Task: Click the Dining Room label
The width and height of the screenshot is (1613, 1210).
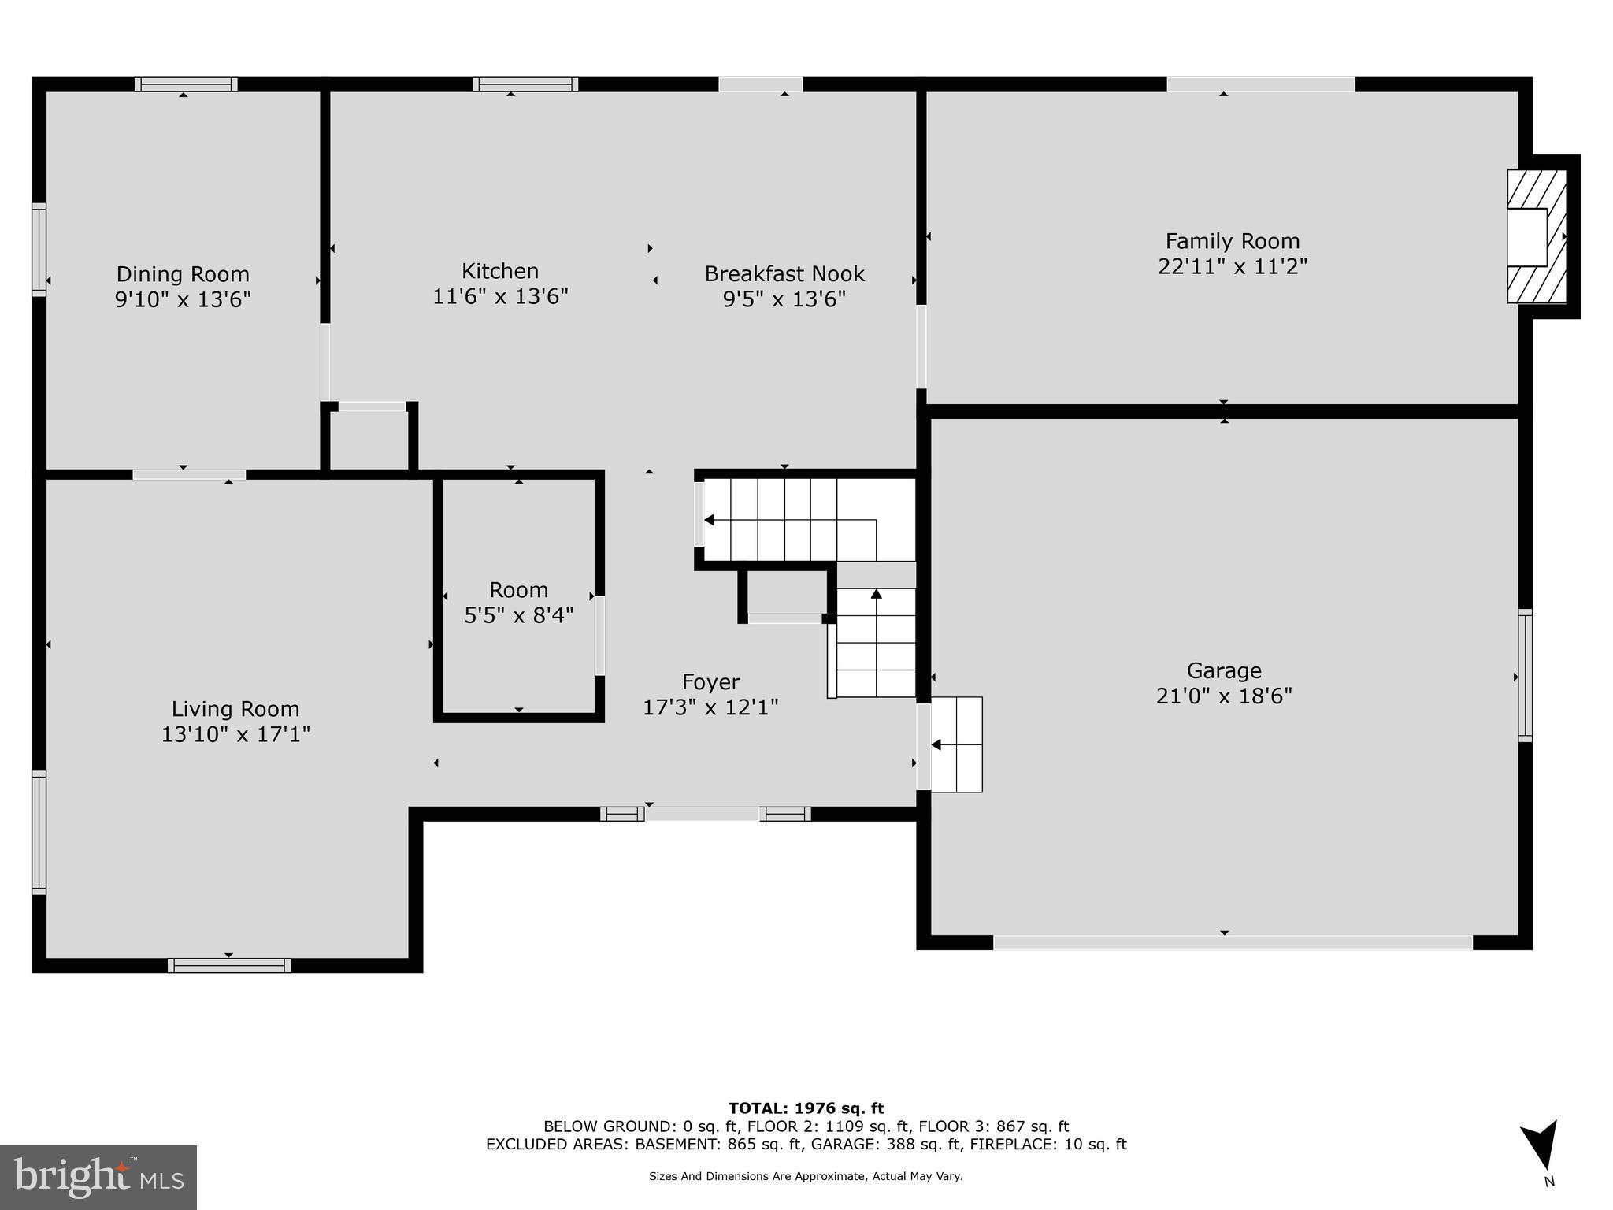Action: [x=183, y=274]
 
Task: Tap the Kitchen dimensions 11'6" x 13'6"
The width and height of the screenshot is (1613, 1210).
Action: [x=500, y=297]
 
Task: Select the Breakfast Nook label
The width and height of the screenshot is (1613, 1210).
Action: [x=784, y=274]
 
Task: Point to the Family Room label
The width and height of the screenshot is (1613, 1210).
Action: [x=1233, y=241]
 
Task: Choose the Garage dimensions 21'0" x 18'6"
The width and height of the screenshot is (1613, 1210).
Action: [x=1224, y=696]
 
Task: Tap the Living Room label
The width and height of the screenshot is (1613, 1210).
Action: [x=235, y=709]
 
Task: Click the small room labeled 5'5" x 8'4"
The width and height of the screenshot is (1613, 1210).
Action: [x=518, y=602]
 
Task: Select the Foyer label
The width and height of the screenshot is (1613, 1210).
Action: [x=710, y=682]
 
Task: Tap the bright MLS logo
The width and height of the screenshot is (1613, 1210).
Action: [x=98, y=1177]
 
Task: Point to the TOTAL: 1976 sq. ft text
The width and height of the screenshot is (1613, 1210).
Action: [x=806, y=1109]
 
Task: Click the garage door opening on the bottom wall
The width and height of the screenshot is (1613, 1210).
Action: [x=1233, y=942]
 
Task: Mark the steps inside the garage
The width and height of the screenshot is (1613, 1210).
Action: [x=956, y=744]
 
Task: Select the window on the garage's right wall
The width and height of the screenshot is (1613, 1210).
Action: [x=1525, y=675]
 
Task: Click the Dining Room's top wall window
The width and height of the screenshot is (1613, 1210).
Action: [x=186, y=84]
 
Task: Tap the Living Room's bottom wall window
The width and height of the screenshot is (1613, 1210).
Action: [x=229, y=965]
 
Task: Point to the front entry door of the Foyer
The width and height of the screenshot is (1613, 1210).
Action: [x=703, y=814]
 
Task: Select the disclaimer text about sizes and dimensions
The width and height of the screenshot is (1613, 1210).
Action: [x=806, y=1176]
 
